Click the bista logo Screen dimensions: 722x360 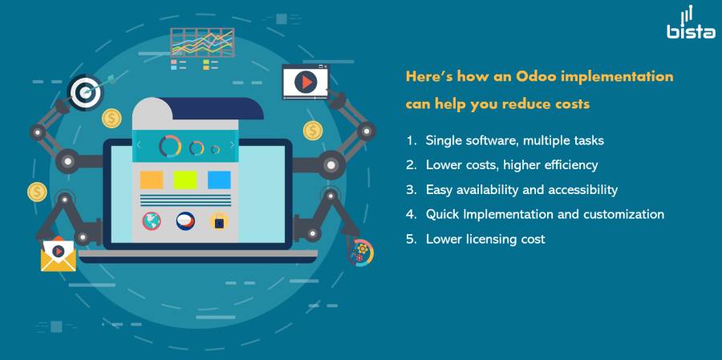pyautogui.click(x=692, y=22)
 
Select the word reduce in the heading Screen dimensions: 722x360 pyautogui.click(x=523, y=104)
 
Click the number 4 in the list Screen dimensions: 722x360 pyautogui.click(x=410, y=214)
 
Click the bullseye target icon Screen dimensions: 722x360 pyautogui.click(x=85, y=92)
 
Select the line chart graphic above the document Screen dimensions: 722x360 pyautogui.click(x=202, y=42)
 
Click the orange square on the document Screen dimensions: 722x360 pyautogui.click(x=152, y=180)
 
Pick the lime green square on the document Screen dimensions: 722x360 pyautogui.click(x=185, y=180)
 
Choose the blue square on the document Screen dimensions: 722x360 pyautogui.click(x=219, y=180)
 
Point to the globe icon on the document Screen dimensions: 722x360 pyautogui.click(x=152, y=221)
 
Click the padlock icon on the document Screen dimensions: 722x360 pyautogui.click(x=219, y=221)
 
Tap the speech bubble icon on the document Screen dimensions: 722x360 pyautogui.click(x=185, y=221)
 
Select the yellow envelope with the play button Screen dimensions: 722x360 pyautogui.click(x=58, y=254)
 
